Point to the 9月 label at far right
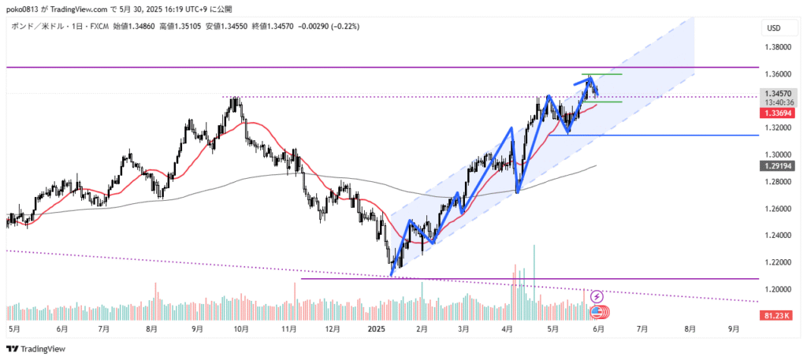click(x=734, y=330)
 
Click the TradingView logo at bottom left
click(x=36, y=348)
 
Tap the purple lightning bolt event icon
click(x=597, y=296)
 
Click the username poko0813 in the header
click(x=26, y=9)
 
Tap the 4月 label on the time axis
click(x=508, y=330)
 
